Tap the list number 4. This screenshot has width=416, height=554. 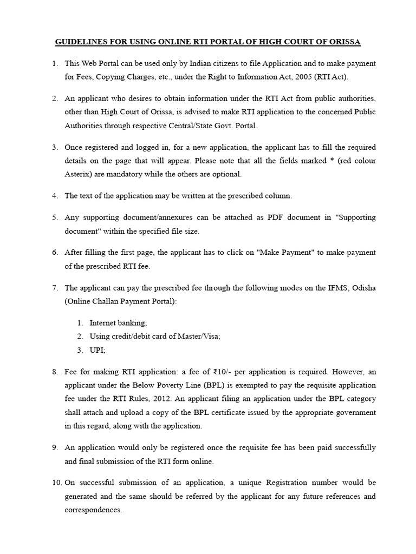pyautogui.click(x=55, y=195)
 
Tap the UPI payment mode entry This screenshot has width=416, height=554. pyautogui.click(x=97, y=350)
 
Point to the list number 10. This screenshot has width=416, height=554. pyautogui.click(x=56, y=482)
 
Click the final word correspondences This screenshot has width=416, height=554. pyautogui.click(x=93, y=510)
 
